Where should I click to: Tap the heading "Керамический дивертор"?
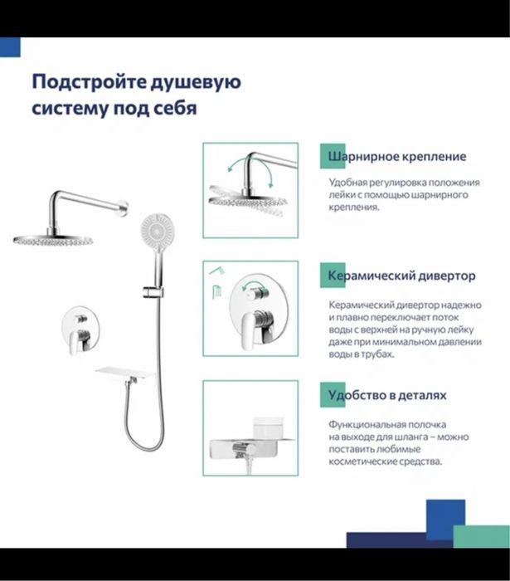[x=401, y=276]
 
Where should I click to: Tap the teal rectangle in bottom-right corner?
[x=481, y=536]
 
